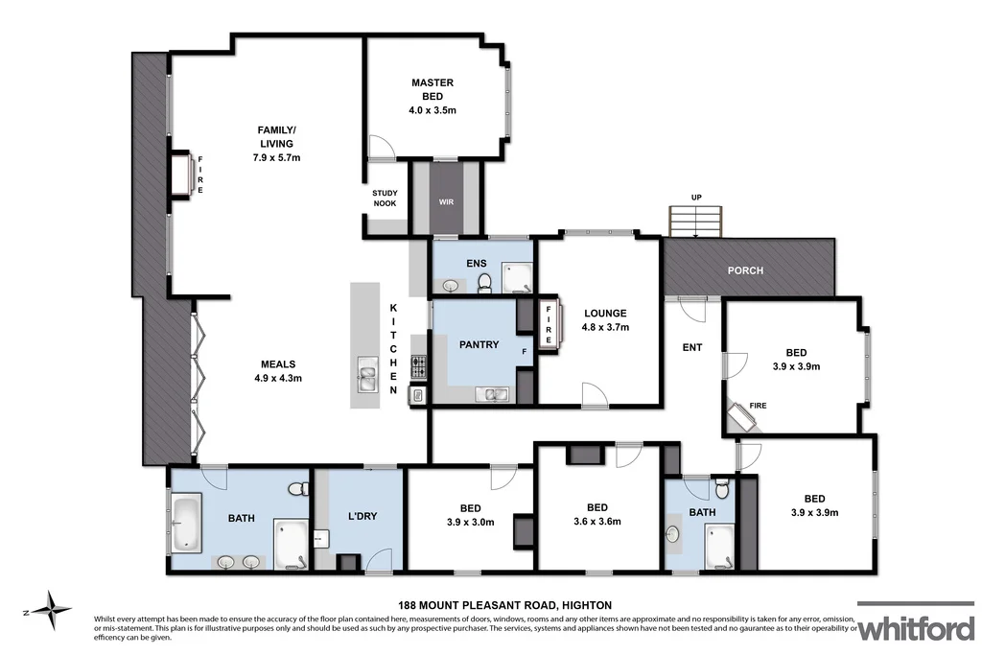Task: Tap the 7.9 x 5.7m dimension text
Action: point(276,157)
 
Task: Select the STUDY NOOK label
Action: point(385,199)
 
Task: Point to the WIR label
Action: point(446,202)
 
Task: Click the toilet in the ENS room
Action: point(485,281)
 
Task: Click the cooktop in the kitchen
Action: point(418,365)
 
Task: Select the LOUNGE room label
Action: point(604,313)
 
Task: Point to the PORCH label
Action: point(745,270)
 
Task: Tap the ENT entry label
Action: point(691,347)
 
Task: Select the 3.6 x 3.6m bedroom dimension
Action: point(596,522)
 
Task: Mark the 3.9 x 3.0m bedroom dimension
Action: point(470,522)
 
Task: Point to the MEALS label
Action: point(277,363)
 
